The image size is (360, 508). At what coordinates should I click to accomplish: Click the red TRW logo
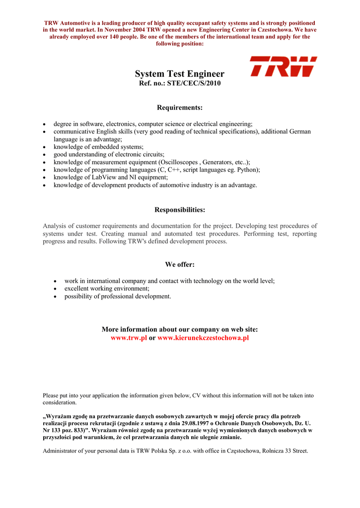[283, 66]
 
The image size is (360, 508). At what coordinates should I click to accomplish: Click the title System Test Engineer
[180, 74]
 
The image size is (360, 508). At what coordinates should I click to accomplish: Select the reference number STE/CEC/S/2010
[195, 83]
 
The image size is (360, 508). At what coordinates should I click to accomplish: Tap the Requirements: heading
[180, 108]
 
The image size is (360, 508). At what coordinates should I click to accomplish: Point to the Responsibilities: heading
[180, 210]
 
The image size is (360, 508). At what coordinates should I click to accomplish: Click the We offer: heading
[180, 264]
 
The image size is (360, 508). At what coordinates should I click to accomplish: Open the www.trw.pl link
[129, 337]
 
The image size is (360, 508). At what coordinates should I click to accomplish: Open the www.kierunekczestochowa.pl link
[203, 337]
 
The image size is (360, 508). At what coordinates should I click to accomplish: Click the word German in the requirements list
[299, 131]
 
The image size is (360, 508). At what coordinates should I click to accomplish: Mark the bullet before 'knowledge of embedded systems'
[45, 147]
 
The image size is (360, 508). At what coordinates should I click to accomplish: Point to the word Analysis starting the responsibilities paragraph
[55, 226]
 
